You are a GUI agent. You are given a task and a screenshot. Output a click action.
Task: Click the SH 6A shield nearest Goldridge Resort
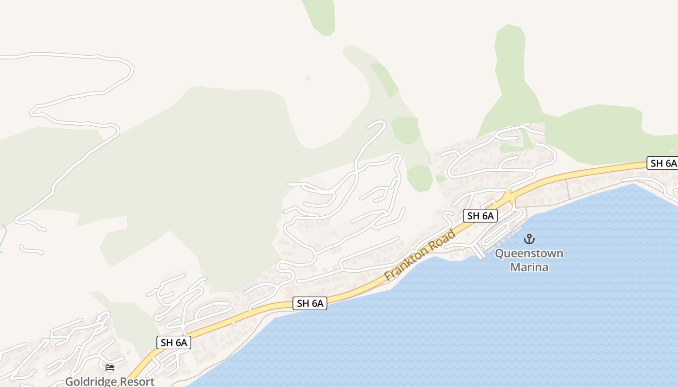pyautogui.click(x=174, y=342)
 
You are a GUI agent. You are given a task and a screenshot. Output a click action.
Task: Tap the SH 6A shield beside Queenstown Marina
pyautogui.click(x=480, y=216)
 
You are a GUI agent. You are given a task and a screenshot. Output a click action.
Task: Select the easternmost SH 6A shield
pyautogui.click(x=663, y=163)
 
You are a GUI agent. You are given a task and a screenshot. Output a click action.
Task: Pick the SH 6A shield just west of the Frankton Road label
pyautogui.click(x=310, y=303)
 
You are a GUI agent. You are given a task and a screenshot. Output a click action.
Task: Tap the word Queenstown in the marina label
pyautogui.click(x=529, y=253)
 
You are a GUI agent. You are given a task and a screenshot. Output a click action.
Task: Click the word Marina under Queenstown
pyautogui.click(x=529, y=267)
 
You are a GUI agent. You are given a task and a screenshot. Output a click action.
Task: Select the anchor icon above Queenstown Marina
pyautogui.click(x=529, y=239)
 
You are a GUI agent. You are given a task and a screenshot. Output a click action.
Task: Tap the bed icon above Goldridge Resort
pyautogui.click(x=110, y=368)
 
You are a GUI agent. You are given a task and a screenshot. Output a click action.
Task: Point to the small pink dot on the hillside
pyautogui.click(x=308, y=77)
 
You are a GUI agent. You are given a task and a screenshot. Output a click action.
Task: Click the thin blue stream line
pyautogui.click(x=4, y=237)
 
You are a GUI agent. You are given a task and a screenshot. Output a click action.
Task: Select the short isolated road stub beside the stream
pyautogui.click(x=31, y=250)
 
